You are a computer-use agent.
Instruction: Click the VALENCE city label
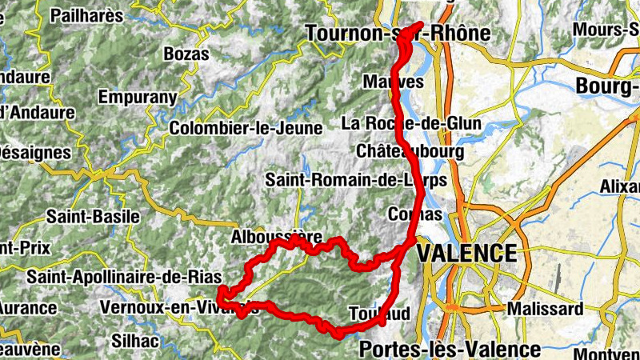point(467,254)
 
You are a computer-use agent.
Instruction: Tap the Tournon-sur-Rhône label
point(398,33)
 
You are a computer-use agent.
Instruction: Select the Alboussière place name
point(277,237)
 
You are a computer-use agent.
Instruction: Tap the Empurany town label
point(137,97)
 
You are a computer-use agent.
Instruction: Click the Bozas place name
point(186,54)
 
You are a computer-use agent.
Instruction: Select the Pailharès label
point(86,15)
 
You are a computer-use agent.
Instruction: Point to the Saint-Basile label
point(93,216)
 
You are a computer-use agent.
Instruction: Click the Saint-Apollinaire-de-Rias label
point(124,277)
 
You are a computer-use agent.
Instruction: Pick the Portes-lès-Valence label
point(450,349)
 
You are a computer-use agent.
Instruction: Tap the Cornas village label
point(414,214)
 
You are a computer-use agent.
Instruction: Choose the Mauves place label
point(393,82)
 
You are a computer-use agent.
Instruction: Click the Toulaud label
point(380,312)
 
